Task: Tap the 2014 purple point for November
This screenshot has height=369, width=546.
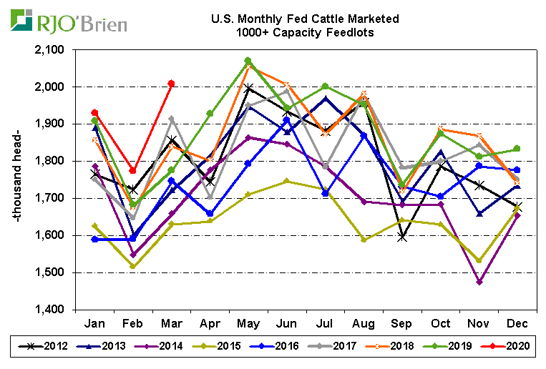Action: pyautogui.click(x=479, y=282)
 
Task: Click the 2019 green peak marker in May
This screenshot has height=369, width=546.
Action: pyautogui.click(x=248, y=61)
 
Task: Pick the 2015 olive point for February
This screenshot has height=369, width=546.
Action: pyautogui.click(x=132, y=266)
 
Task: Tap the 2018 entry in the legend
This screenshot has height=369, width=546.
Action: pyautogui.click(x=394, y=347)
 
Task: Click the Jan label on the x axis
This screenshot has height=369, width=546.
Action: pyautogui.click(x=94, y=323)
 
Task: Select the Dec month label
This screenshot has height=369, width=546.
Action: pyautogui.click(x=517, y=323)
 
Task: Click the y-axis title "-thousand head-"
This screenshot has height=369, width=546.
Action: pyautogui.click(x=19, y=179)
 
